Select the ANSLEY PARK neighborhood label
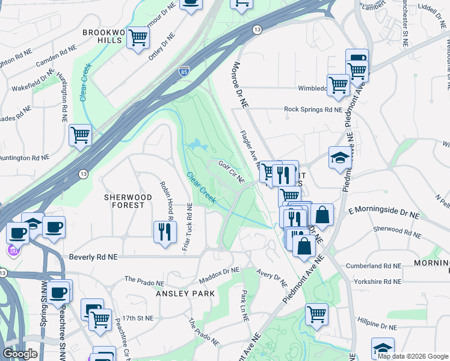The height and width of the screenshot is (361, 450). click(181, 294)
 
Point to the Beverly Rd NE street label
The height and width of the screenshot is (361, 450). click(93, 257)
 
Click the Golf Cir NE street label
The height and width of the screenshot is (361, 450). click(232, 172)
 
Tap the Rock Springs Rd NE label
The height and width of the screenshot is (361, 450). click(313, 110)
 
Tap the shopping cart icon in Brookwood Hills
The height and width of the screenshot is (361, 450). click(138, 38)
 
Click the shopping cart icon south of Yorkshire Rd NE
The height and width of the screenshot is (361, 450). click(316, 313)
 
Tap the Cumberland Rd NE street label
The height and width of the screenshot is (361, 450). click(373, 265)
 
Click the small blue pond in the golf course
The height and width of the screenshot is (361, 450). click(196, 145)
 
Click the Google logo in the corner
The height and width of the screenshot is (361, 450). click(20, 354)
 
